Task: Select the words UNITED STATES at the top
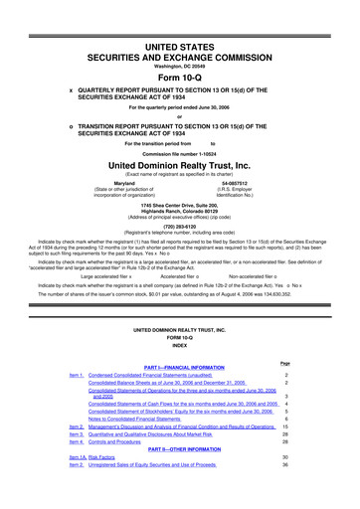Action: [180, 20]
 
